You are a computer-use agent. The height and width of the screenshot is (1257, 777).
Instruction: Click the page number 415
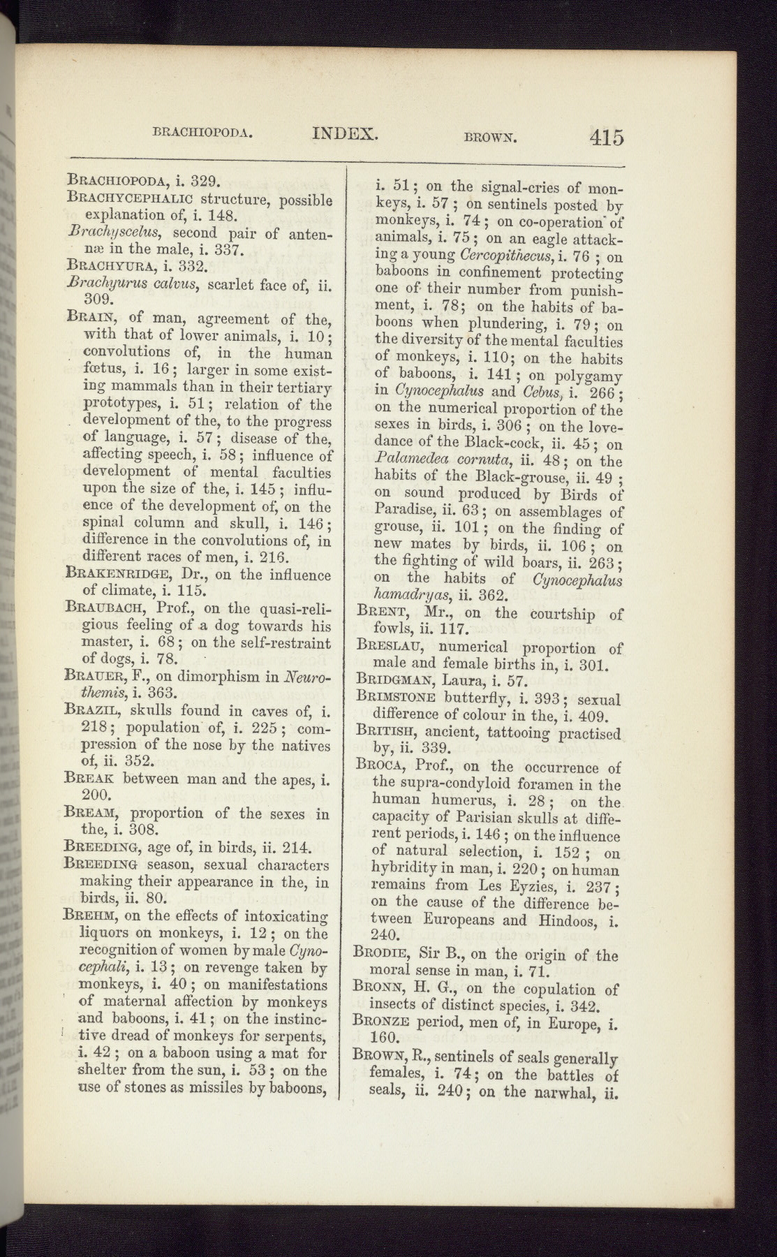pos(605,136)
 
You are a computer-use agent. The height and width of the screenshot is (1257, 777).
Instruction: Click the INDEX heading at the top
pos(346,133)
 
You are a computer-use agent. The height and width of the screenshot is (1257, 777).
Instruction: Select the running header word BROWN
pos(489,138)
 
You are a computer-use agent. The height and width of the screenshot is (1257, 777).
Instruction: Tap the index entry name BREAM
pos(90,813)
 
